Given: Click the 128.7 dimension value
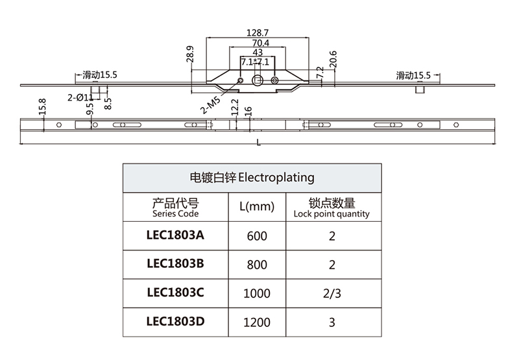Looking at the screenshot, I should [258, 32].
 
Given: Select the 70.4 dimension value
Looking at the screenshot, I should [258, 43].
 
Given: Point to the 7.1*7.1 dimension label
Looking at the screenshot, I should [254, 62].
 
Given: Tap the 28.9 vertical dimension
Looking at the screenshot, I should [189, 53].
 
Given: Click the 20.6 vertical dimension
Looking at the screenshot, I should [333, 59].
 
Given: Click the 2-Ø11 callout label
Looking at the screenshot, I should [80, 97].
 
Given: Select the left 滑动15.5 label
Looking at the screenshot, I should [100, 75].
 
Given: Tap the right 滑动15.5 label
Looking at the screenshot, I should [414, 75].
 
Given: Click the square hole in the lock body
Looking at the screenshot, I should [258, 80].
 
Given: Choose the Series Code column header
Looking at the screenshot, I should [175, 208].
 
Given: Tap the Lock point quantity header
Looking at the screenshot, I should [332, 208].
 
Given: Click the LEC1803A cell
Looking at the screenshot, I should [175, 235].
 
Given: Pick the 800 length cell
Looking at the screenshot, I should [257, 265].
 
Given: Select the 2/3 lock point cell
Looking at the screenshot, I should [332, 293].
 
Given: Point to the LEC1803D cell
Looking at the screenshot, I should [175, 322].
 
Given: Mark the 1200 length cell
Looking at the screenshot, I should [257, 322].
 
